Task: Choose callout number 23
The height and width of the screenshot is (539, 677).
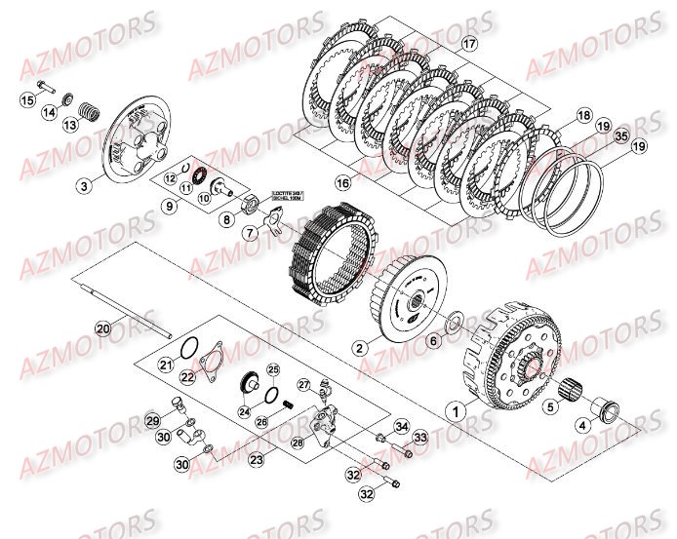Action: [257, 459]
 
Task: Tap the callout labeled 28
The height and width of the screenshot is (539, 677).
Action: [297, 415]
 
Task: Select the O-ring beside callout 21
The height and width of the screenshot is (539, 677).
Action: [193, 350]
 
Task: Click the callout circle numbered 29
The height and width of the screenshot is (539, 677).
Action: [152, 420]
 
